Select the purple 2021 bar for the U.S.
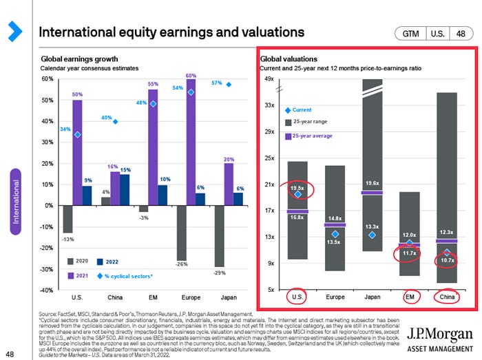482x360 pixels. [x=77, y=152]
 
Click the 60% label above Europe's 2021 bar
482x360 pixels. [x=191, y=74]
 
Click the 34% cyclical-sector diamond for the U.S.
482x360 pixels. [x=78, y=135]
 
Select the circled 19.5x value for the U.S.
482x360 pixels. [x=297, y=188]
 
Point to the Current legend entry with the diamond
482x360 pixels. [x=297, y=110]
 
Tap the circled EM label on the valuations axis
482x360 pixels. [x=409, y=298]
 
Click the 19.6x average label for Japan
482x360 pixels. [x=373, y=182]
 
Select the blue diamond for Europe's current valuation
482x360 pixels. [x=335, y=234]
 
